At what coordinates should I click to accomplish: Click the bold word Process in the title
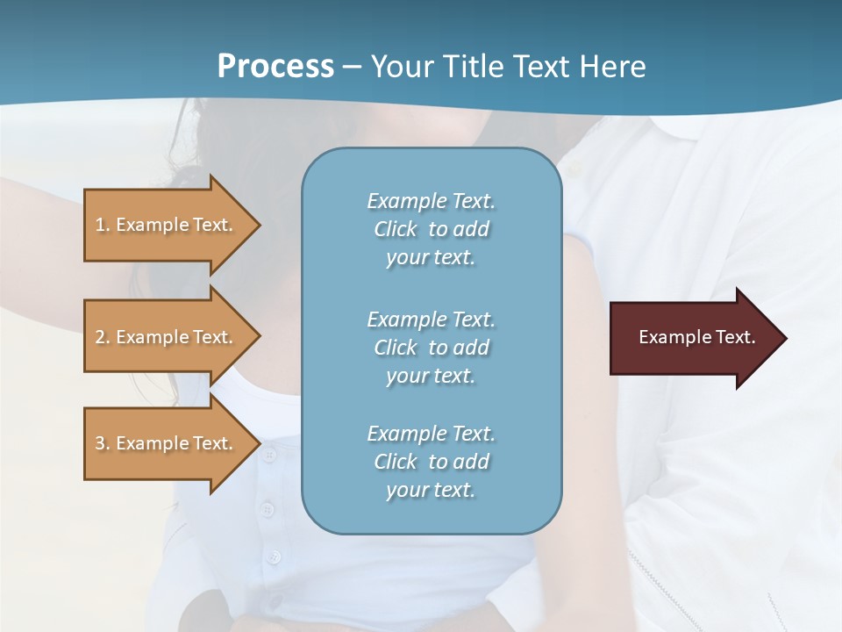point(275,66)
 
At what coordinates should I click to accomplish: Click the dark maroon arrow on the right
point(684,338)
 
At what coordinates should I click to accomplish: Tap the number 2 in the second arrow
point(100,337)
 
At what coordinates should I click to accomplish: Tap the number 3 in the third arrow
point(100,443)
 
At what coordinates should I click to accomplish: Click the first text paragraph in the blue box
point(431,229)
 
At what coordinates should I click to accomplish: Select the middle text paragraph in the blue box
point(431,348)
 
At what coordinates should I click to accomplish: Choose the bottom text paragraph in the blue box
point(431,462)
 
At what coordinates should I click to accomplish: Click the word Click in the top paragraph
point(395,229)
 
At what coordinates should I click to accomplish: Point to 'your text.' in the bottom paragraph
point(431,490)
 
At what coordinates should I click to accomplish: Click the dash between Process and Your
point(352,67)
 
